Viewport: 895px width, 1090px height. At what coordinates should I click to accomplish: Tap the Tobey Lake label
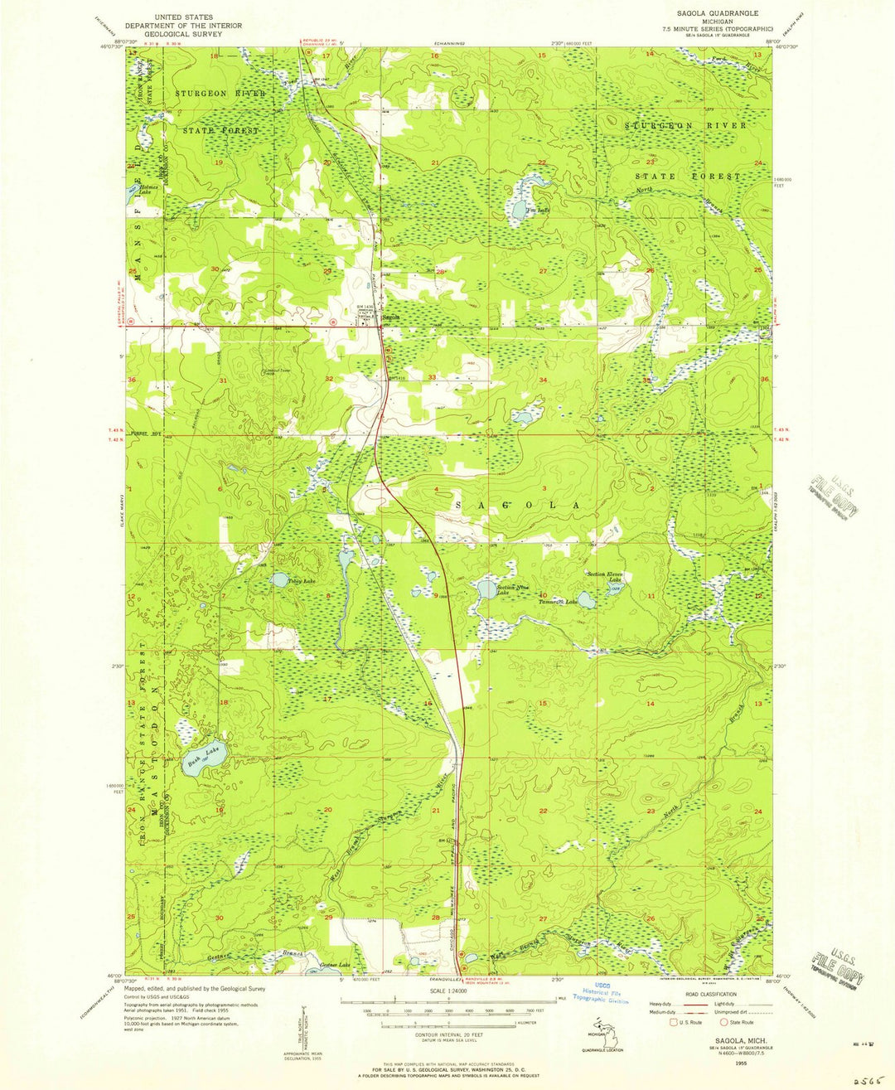(302, 582)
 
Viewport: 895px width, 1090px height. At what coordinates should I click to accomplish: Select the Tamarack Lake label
(559, 602)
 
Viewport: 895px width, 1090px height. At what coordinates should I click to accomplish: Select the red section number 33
(432, 378)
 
